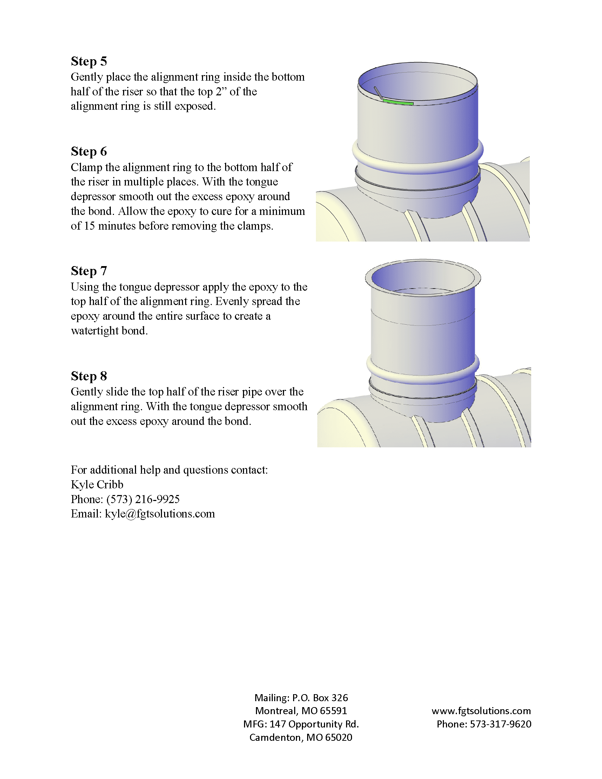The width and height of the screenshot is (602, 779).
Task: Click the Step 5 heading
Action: tap(89, 61)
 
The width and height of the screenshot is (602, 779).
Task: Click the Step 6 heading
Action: tap(89, 151)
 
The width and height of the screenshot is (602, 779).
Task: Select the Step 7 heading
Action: tap(89, 271)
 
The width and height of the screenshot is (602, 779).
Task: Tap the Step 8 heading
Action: tap(89, 376)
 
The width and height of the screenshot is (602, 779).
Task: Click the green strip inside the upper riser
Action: tap(398, 102)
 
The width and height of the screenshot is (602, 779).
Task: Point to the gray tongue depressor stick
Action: tap(378, 93)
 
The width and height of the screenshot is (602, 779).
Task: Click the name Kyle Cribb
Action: tap(97, 485)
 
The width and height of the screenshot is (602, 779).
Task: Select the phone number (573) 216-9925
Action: tap(143, 499)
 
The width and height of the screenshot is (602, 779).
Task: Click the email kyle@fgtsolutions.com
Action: tap(160, 514)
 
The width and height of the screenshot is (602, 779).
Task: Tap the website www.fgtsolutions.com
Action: tap(481, 711)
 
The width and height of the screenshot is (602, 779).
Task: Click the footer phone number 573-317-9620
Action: tap(500, 724)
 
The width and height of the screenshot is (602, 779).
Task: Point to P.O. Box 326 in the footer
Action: tap(320, 698)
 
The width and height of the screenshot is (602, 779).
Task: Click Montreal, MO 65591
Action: tap(301, 711)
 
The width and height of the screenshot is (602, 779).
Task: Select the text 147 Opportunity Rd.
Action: tap(314, 724)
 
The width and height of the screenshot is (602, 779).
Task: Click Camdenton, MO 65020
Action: tap(300, 737)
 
